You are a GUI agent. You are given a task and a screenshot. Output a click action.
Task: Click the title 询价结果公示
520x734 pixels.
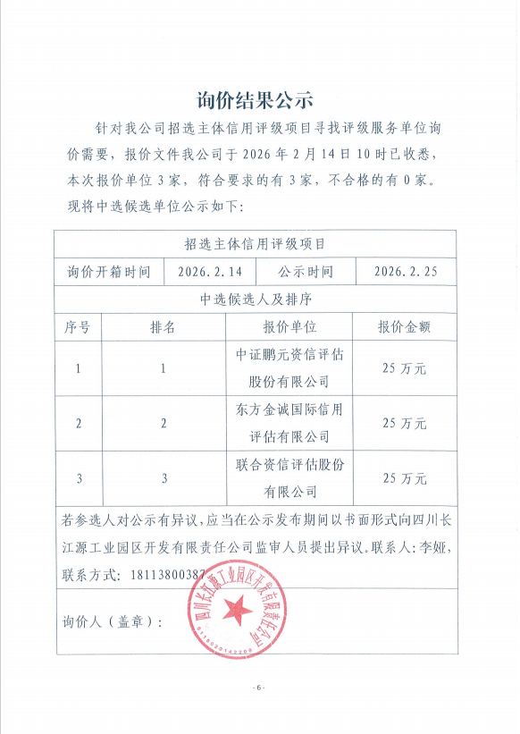(x=255, y=98)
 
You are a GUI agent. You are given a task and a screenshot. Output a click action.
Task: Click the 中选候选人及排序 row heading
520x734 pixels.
(x=255, y=299)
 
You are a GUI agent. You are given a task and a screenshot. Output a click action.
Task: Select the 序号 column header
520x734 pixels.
(x=78, y=327)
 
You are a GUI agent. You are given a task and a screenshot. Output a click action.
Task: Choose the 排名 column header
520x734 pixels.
(x=163, y=327)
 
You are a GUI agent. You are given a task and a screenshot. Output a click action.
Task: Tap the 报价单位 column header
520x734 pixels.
(x=289, y=327)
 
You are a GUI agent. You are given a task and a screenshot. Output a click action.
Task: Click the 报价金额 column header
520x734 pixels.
(x=404, y=327)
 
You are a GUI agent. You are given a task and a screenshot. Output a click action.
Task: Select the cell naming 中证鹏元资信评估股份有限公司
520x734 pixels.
(x=289, y=367)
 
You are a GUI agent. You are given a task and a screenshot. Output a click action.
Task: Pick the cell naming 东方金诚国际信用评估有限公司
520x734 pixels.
(x=289, y=423)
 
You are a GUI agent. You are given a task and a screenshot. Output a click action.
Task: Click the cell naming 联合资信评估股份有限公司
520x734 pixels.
(x=289, y=478)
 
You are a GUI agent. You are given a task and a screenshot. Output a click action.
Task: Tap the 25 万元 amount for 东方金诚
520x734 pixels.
(x=404, y=423)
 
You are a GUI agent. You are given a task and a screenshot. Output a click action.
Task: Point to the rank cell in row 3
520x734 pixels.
(x=164, y=478)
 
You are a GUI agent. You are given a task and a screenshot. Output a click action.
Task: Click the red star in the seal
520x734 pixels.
(x=237, y=612)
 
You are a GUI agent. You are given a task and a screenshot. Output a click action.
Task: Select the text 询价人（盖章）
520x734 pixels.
(x=113, y=621)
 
